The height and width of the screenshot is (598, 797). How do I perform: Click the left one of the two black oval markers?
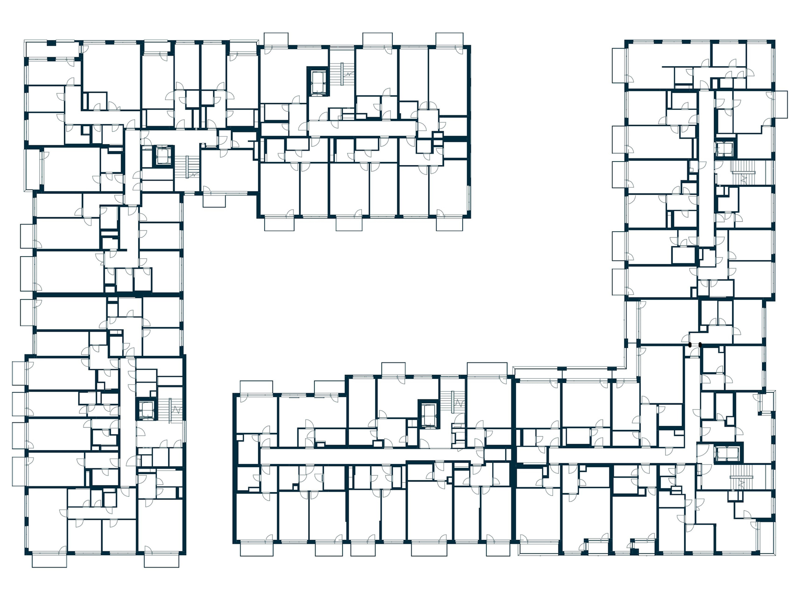pos(690,345)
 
